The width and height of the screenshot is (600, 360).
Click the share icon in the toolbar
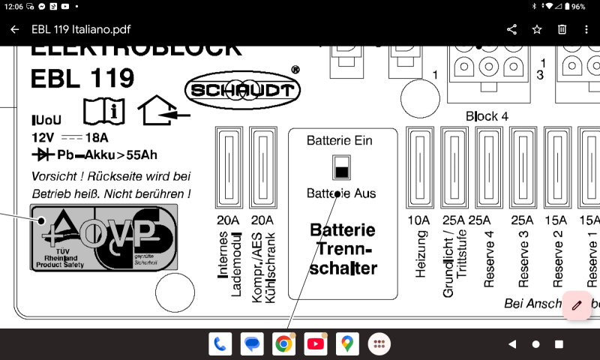click(x=512, y=29)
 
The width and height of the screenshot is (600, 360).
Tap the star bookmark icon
click(x=537, y=29)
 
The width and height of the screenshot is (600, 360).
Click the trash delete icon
click(x=562, y=29)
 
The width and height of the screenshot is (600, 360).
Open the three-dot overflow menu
click(x=586, y=29)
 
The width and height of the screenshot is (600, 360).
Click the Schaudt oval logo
click(x=243, y=91)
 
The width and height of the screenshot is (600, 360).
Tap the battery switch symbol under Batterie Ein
click(x=341, y=167)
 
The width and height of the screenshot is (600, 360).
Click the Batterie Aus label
click(x=341, y=193)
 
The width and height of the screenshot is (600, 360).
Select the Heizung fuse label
click(x=421, y=259)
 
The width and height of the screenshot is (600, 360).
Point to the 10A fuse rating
click(x=418, y=220)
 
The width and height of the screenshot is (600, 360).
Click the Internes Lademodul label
click(x=229, y=266)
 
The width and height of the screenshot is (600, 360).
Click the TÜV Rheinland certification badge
click(x=104, y=237)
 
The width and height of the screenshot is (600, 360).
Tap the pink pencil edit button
click(x=576, y=304)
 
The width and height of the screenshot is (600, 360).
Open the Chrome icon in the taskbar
click(x=283, y=344)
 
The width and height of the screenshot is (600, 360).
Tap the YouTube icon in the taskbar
click(x=316, y=344)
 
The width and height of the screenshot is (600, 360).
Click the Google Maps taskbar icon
click(x=347, y=344)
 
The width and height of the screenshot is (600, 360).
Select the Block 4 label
click(x=487, y=116)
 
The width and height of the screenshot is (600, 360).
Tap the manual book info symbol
click(x=101, y=111)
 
